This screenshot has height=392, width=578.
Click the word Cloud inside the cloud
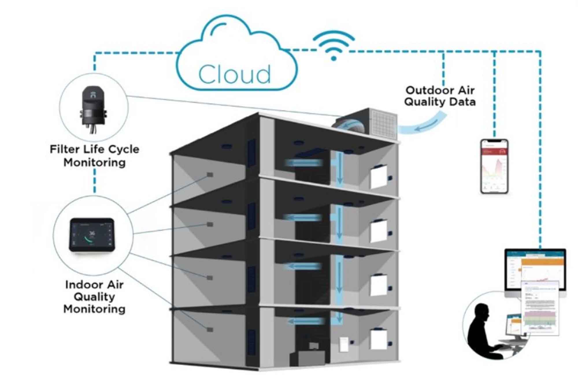(234, 74)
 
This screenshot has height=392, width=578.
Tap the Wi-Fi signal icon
(334, 46)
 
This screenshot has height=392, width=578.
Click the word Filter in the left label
(64, 149)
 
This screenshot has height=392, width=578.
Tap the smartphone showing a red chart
(494, 166)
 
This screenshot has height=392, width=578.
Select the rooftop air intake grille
(384, 123)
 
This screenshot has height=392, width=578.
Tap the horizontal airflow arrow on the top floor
(303, 163)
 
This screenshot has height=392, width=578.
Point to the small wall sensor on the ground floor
(210, 329)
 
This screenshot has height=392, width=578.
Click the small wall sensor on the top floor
(210, 175)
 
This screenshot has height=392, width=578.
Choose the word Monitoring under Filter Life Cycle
(95, 162)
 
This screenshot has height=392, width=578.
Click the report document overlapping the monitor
(540, 308)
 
